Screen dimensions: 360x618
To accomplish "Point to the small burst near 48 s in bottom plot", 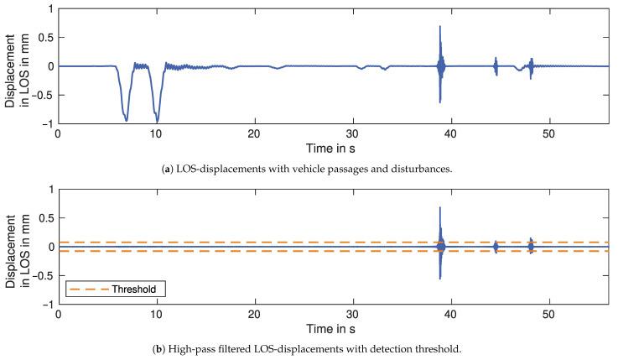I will click(530, 246).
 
